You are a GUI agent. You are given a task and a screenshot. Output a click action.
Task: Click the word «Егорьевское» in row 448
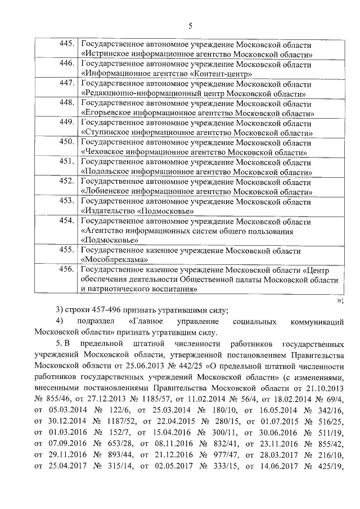pyautogui.click(x=109, y=113)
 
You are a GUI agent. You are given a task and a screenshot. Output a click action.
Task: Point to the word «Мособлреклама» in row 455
pyautogui.click(x=115, y=260)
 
